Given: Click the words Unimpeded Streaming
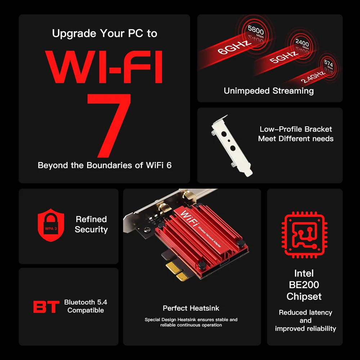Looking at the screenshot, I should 269,91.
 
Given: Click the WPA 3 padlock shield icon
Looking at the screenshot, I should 51,225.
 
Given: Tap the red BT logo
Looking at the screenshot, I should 46,307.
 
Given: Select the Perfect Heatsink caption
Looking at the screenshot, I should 191,308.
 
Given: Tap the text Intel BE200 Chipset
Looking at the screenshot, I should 304,285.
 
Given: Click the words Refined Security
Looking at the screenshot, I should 91,224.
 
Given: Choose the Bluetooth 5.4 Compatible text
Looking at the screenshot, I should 85,306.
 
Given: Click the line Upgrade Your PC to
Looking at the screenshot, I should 104,33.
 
